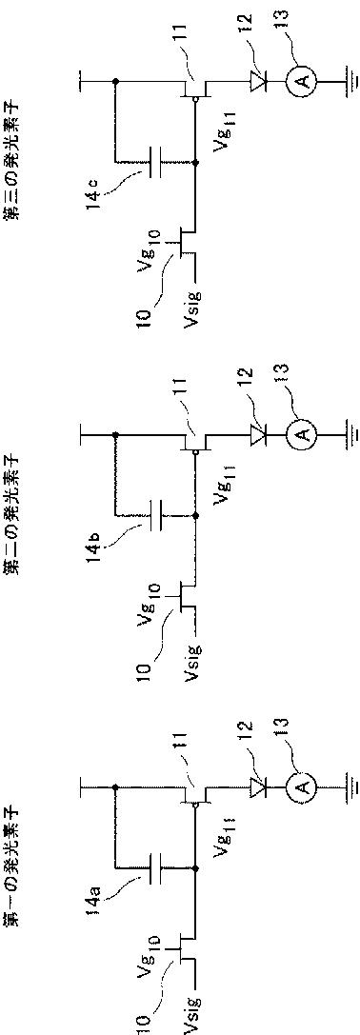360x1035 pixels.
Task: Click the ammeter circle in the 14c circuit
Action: [302, 81]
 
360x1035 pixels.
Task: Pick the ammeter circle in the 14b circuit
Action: [302, 433]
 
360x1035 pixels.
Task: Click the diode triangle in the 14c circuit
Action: [257, 81]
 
